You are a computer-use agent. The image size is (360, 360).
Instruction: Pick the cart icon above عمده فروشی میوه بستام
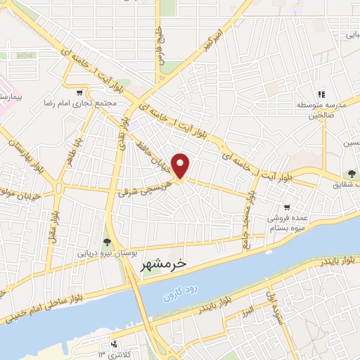[x=286, y=207]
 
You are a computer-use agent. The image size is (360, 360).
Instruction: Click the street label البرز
[x=249, y=310]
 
